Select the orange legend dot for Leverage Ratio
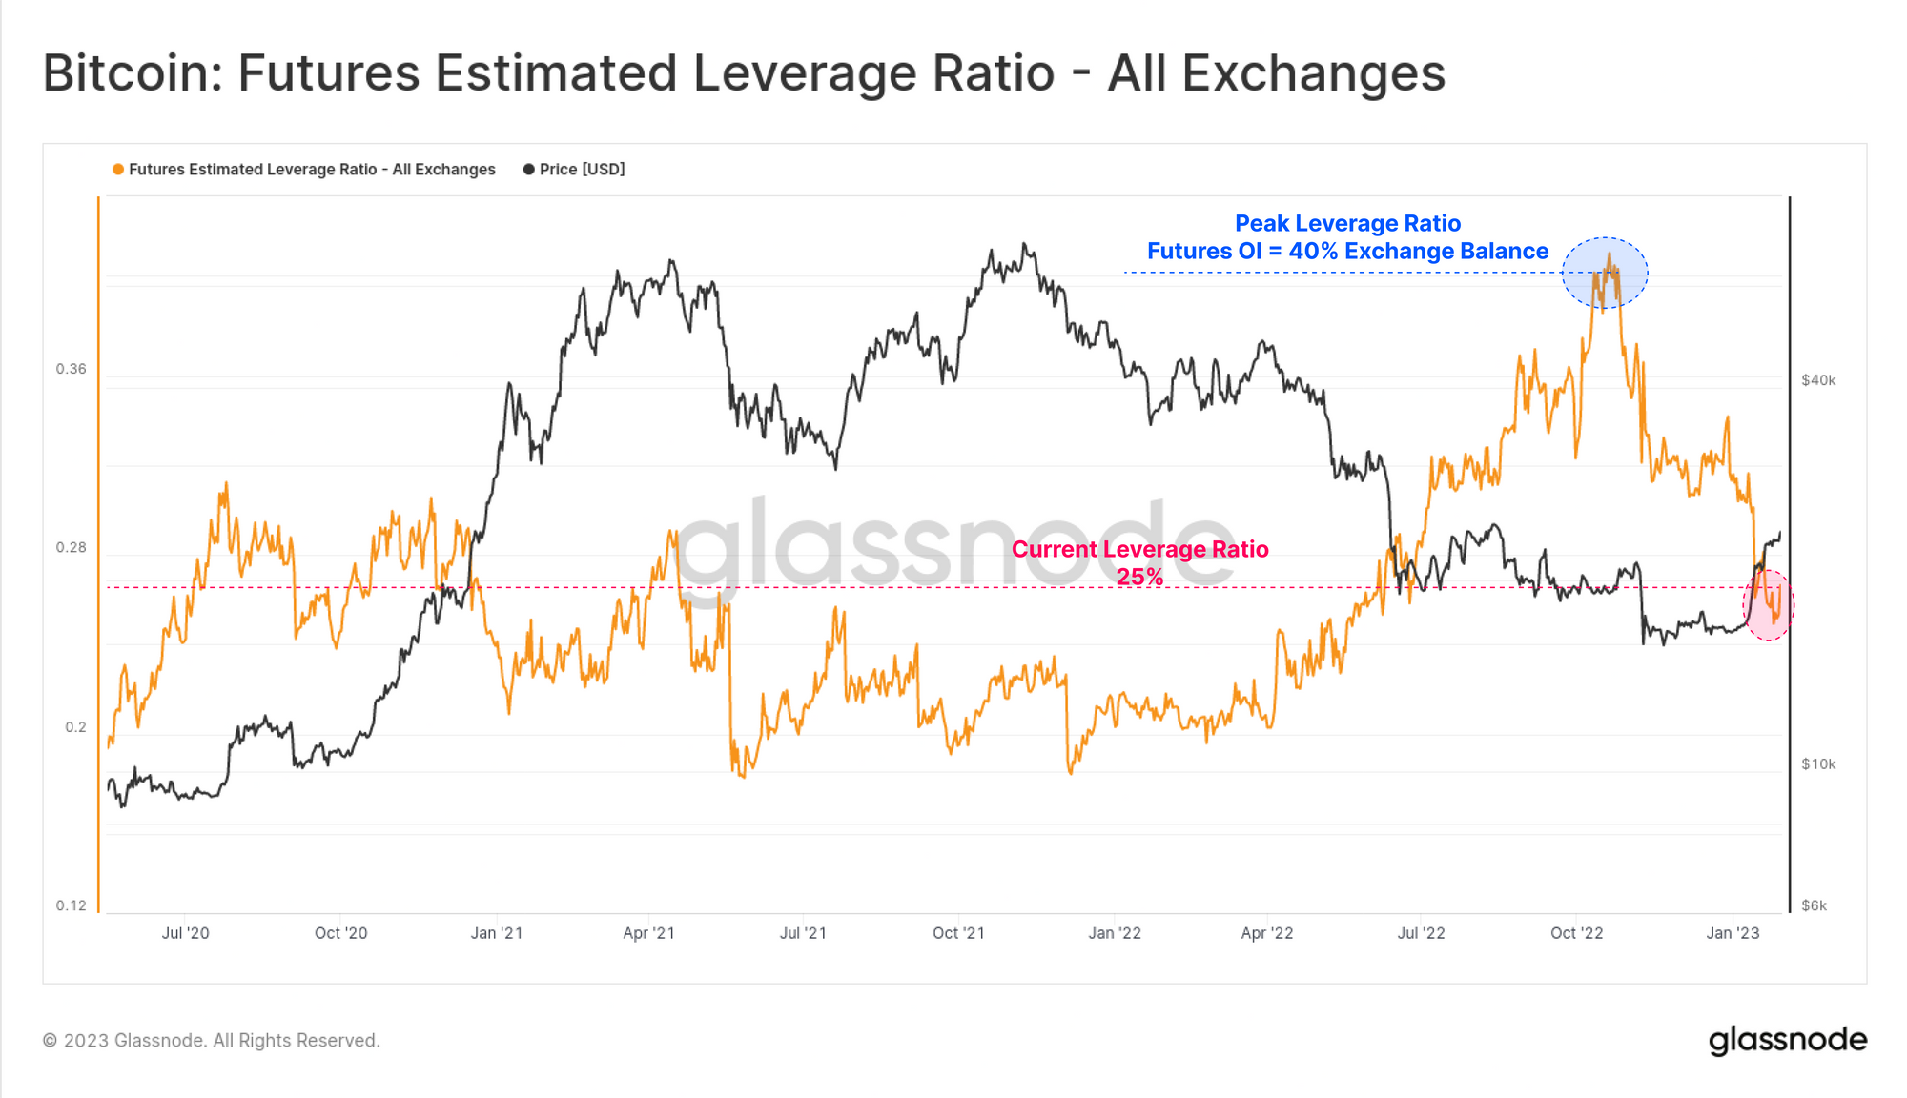(x=118, y=170)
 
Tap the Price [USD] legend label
(x=582, y=170)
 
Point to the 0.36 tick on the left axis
(x=71, y=369)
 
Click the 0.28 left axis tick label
(x=71, y=547)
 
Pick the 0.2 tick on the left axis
(x=75, y=727)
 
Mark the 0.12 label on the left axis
(x=71, y=905)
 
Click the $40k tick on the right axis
(x=1818, y=380)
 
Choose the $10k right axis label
(x=1818, y=764)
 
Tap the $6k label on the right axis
(x=1814, y=905)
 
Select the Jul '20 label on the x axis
(x=185, y=933)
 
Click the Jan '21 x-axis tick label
(x=496, y=933)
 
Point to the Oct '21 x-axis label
(x=958, y=933)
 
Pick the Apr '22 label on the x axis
(x=1266, y=933)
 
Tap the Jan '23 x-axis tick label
(x=1733, y=933)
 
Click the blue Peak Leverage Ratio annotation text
(x=1347, y=224)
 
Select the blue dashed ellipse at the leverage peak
(x=1605, y=273)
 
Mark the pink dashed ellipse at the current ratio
(x=1768, y=605)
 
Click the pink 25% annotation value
(x=1139, y=577)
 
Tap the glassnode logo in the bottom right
(x=1787, y=1040)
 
